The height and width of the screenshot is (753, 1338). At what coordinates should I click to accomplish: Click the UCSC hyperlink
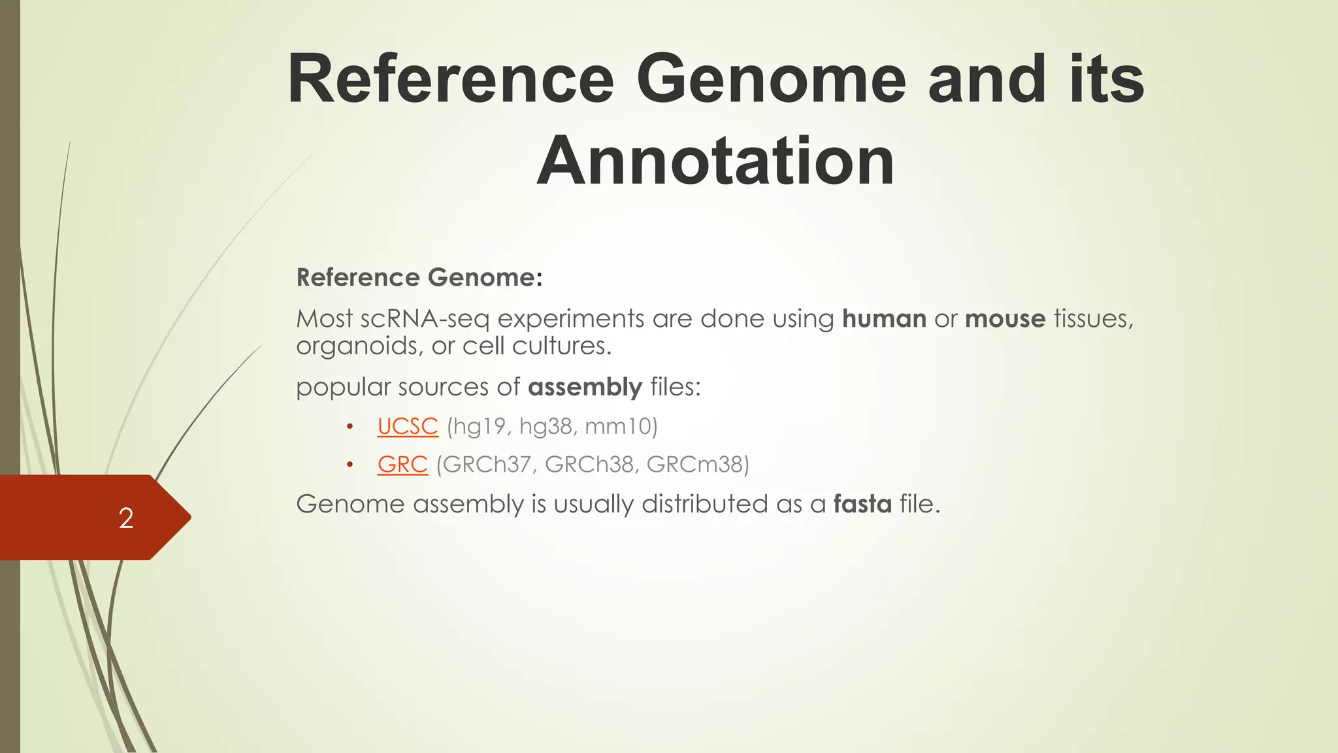pyautogui.click(x=408, y=426)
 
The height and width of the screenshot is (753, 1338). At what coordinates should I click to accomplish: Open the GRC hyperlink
pyautogui.click(x=402, y=464)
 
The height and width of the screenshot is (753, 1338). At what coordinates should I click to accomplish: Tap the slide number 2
pyautogui.click(x=126, y=518)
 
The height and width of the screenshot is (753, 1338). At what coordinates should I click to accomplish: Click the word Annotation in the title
pyautogui.click(x=715, y=161)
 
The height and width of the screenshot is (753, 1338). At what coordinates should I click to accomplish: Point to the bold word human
pyautogui.click(x=884, y=319)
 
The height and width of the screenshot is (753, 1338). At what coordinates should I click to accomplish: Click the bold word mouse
pyautogui.click(x=1005, y=319)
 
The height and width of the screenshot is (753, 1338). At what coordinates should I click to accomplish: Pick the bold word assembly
pyautogui.click(x=585, y=387)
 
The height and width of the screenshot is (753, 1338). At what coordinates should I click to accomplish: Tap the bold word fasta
pyautogui.click(x=862, y=504)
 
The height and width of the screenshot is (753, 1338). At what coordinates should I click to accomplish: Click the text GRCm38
pyautogui.click(x=694, y=464)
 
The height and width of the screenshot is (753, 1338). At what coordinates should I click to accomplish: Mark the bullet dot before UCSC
pyautogui.click(x=350, y=427)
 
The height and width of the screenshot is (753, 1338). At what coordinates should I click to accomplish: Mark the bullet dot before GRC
pyautogui.click(x=350, y=465)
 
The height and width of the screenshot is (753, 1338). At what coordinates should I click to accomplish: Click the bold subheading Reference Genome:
pyautogui.click(x=419, y=277)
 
